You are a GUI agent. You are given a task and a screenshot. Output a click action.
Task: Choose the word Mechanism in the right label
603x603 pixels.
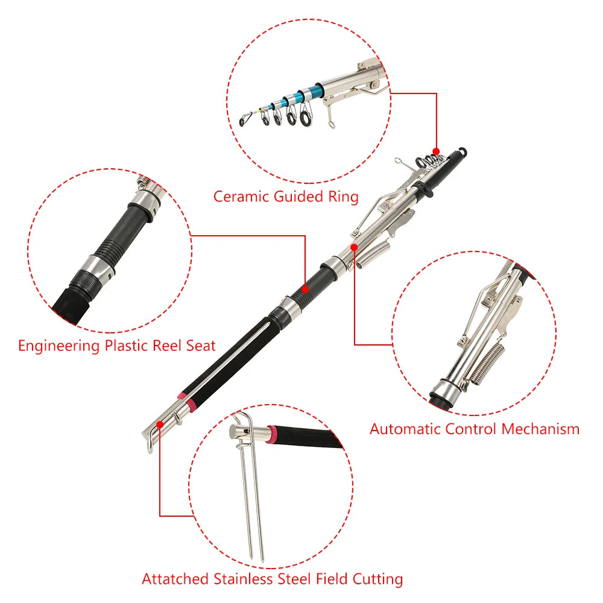[540, 429]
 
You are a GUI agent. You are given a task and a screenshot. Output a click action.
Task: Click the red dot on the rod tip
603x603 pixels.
[436, 151]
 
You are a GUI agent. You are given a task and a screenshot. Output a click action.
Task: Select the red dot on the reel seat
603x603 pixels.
[305, 289]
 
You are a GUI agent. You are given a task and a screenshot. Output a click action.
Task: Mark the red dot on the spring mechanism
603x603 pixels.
[354, 246]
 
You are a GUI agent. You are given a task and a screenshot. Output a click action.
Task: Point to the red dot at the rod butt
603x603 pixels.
[160, 424]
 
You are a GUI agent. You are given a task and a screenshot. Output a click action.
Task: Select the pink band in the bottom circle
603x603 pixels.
[273, 432]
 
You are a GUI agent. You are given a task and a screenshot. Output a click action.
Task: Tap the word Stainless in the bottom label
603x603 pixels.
[245, 579]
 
